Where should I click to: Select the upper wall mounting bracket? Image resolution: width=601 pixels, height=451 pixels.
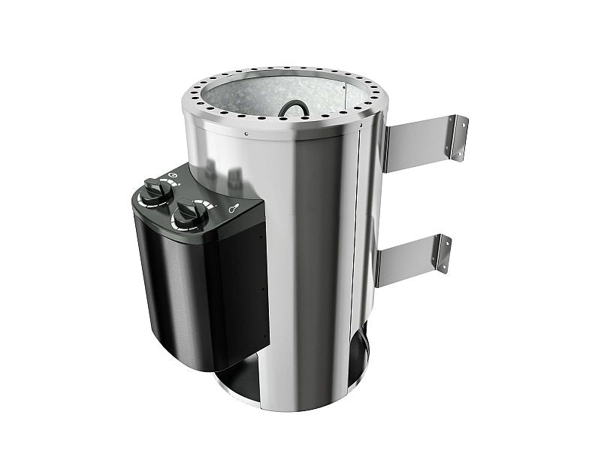coord(421,144)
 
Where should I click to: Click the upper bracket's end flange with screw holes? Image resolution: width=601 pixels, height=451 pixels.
coord(457,137)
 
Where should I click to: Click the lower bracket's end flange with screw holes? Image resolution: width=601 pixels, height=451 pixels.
coord(443,253)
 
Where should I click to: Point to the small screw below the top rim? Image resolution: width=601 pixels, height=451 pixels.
coord(247,135)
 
